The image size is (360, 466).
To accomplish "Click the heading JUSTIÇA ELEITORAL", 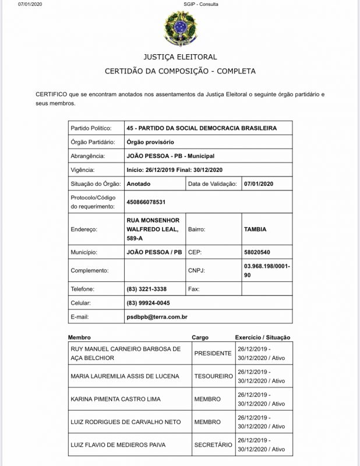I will pyautogui.click(x=180, y=57).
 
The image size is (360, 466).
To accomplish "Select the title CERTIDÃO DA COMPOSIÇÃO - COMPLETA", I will pyautogui.click(x=179, y=71).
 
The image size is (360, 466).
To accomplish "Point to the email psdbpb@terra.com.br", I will pyautogui.click(x=157, y=317).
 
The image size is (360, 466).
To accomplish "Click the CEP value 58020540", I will pyautogui.click(x=257, y=252).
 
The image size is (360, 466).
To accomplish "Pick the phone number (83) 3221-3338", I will pyautogui.click(x=147, y=289).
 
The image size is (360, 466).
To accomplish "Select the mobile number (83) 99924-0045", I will pyautogui.click(x=149, y=303).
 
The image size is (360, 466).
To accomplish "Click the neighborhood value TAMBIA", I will pyautogui.click(x=255, y=230).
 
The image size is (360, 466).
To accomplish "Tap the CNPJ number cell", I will pyautogui.click(x=267, y=270).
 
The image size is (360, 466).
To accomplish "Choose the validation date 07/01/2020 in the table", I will pyautogui.click(x=259, y=183).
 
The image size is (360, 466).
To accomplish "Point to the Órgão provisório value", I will pyautogui.click(x=150, y=142).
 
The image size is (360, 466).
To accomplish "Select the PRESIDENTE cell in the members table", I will pyautogui.click(x=213, y=353).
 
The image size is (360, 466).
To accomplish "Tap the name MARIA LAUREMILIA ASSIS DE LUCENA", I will pyautogui.click(x=125, y=376).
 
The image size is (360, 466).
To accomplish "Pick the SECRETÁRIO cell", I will pyautogui.click(x=213, y=445).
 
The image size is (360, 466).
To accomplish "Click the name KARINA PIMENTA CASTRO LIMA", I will pyautogui.click(x=115, y=399).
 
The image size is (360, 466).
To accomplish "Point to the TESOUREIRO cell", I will pyautogui.click(x=213, y=376).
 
